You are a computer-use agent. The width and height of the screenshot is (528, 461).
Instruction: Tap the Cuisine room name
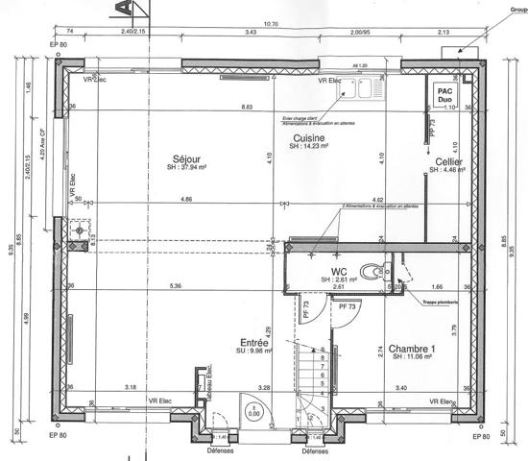(x=308, y=138)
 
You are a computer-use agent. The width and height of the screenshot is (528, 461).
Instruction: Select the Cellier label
(x=449, y=162)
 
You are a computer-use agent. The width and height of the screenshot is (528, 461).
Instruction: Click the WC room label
(x=338, y=272)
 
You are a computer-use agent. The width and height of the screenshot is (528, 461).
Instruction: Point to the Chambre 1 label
(x=412, y=348)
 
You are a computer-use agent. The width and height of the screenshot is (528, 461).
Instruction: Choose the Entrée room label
(x=254, y=342)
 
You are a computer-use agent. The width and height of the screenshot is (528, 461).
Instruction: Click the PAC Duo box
(x=444, y=94)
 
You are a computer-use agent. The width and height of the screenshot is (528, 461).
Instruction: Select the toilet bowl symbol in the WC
(x=370, y=272)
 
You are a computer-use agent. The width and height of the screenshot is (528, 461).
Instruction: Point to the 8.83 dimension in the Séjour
(x=246, y=108)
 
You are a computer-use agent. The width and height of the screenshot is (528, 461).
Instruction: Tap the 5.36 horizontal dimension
(x=174, y=286)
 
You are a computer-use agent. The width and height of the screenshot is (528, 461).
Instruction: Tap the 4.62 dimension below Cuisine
(x=378, y=199)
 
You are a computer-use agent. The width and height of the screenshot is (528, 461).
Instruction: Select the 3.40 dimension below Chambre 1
(x=401, y=388)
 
